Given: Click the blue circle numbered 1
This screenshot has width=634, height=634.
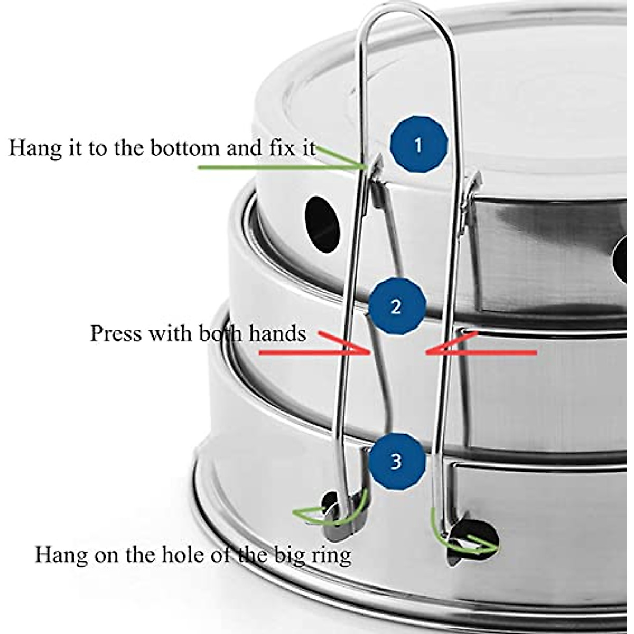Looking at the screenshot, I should point(418,145).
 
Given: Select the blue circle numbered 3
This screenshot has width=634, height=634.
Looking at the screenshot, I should point(397,461).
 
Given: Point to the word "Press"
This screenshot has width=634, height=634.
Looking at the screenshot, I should point(114,333).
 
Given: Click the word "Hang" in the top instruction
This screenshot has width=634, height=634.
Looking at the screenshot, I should point(30,147).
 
